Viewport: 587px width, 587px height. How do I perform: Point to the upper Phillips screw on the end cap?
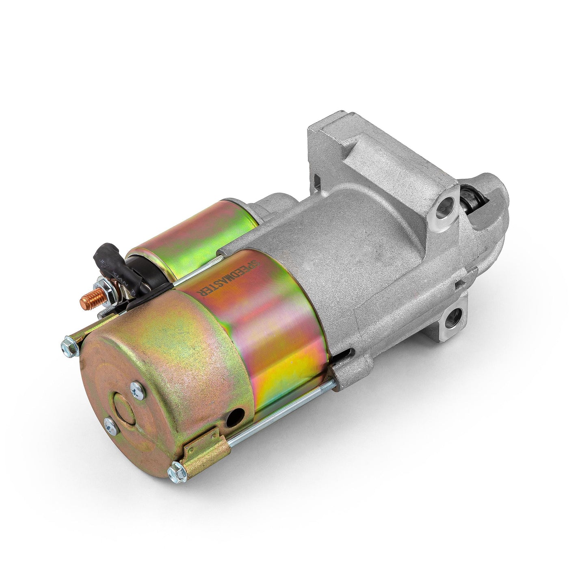tap(135, 390)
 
